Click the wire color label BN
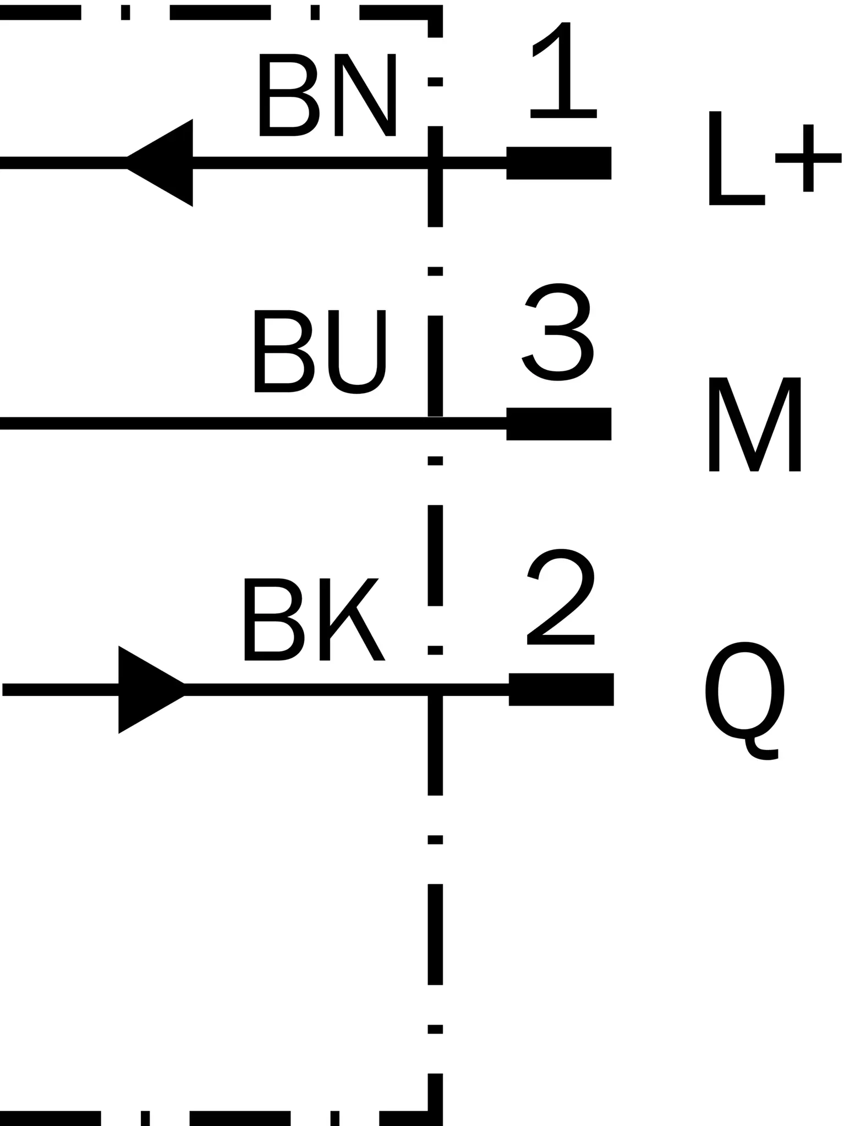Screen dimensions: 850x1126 pos(327,95)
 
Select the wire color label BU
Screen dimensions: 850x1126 pos(320,351)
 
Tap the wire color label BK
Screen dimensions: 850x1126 pos(315,619)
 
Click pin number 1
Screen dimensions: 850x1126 pos(563,70)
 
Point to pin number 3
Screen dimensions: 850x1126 pos(557,332)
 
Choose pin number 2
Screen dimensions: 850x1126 pos(561,597)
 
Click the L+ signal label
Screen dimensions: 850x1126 pos(775,158)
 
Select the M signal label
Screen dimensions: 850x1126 pos(754,424)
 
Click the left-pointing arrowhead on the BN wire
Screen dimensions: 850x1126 pos(160,163)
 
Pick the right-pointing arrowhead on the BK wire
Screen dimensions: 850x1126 pos(151,689)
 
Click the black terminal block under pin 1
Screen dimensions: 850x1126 pos(558,163)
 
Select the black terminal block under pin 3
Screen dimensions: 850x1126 pos(558,424)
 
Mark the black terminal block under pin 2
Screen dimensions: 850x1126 pos(561,689)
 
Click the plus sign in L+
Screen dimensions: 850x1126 pos(808,158)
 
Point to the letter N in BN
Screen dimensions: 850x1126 pos(365,95)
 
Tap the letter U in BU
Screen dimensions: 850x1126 pos(357,352)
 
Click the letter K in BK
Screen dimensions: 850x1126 pos(352,619)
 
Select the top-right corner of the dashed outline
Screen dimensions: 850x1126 pos(435,12)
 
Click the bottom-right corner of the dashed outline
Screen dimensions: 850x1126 pos(435,1118)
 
